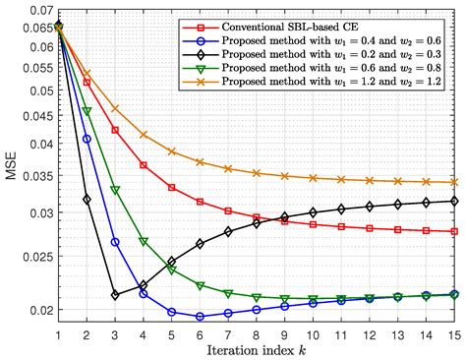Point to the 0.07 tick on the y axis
tap(39, 10)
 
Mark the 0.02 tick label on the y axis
tap(39, 312)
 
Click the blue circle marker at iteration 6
tap(201, 317)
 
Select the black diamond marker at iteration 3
tap(115, 294)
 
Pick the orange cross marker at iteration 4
tap(144, 135)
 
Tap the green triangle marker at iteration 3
tap(115, 190)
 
